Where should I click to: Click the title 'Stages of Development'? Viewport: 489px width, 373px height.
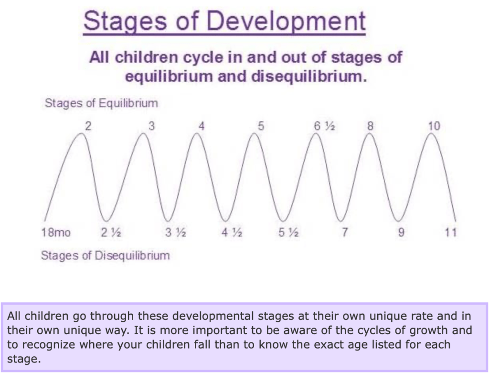pyautogui.click(x=224, y=21)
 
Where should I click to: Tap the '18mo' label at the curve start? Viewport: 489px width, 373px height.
pyautogui.click(x=56, y=232)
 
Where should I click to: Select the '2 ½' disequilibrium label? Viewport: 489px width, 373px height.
pyautogui.click(x=111, y=232)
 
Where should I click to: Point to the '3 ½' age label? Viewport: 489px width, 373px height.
pyautogui.click(x=176, y=232)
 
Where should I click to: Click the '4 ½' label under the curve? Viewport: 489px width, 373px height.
pyautogui.click(x=232, y=232)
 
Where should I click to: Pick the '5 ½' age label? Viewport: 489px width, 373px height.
pyautogui.click(x=288, y=232)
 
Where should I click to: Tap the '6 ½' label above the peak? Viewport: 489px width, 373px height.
pyautogui.click(x=324, y=126)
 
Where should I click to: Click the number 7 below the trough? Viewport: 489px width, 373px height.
pyautogui.click(x=345, y=232)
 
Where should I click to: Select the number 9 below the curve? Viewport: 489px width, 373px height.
pyautogui.click(x=401, y=232)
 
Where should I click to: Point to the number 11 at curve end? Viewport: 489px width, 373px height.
pyautogui.click(x=451, y=232)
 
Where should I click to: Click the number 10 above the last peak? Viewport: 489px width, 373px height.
pyautogui.click(x=434, y=126)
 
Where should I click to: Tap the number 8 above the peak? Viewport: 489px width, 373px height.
pyautogui.click(x=370, y=126)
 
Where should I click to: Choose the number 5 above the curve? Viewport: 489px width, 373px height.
pyautogui.click(x=261, y=126)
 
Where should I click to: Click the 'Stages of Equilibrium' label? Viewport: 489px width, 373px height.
pyautogui.click(x=101, y=103)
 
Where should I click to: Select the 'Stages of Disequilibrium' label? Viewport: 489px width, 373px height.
pyautogui.click(x=106, y=255)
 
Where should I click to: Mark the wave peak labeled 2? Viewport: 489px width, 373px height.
pyautogui.click(x=81, y=133)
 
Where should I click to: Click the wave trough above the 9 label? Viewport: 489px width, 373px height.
pyautogui.click(x=398, y=221)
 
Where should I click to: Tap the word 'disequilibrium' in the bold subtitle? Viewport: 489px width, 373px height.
pyautogui.click(x=309, y=77)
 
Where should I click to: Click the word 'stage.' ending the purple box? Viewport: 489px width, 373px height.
pyautogui.click(x=24, y=359)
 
